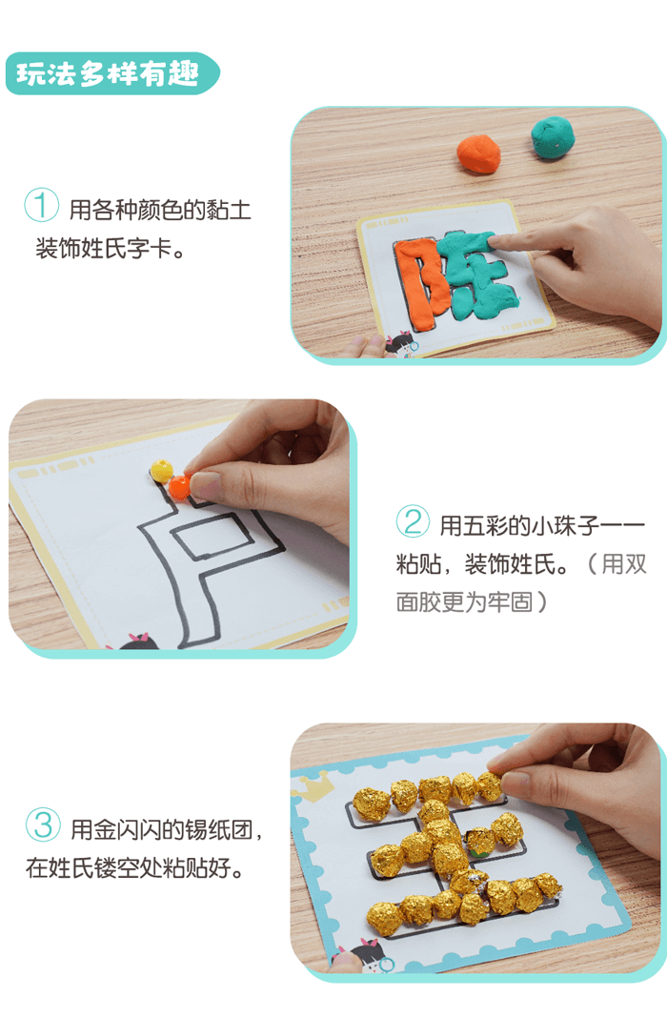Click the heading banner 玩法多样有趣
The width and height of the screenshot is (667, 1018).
(x=112, y=73)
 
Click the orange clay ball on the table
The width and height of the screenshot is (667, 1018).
(x=478, y=153)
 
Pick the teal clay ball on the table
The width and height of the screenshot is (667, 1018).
(x=554, y=136)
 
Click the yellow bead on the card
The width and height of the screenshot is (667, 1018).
(x=161, y=470)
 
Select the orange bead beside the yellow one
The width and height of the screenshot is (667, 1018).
(x=179, y=486)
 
